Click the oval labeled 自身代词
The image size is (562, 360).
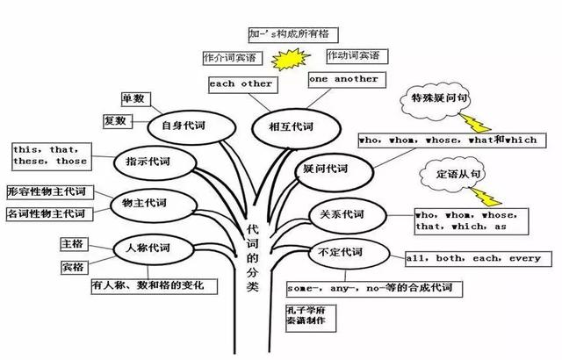(x=191, y=127)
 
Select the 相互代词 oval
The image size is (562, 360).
(x=296, y=128)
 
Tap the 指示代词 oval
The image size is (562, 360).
(x=155, y=162)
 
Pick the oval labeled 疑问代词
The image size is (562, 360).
(x=335, y=171)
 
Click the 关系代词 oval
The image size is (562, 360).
(x=348, y=216)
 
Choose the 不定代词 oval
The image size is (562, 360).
(x=349, y=254)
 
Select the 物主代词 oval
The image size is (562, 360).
(x=154, y=205)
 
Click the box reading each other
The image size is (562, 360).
(x=243, y=85)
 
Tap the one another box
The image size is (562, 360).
(x=347, y=80)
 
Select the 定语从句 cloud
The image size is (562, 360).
(x=452, y=175)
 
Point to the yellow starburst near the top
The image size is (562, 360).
(x=291, y=59)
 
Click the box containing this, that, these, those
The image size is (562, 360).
(x=51, y=156)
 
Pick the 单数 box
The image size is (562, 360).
(x=136, y=99)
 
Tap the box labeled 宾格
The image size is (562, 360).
(x=74, y=267)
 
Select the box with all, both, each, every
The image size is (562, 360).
(x=479, y=259)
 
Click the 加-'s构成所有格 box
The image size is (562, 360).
(x=293, y=35)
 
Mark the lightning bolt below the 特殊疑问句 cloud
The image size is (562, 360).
(x=475, y=123)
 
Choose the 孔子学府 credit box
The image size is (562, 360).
(x=311, y=317)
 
